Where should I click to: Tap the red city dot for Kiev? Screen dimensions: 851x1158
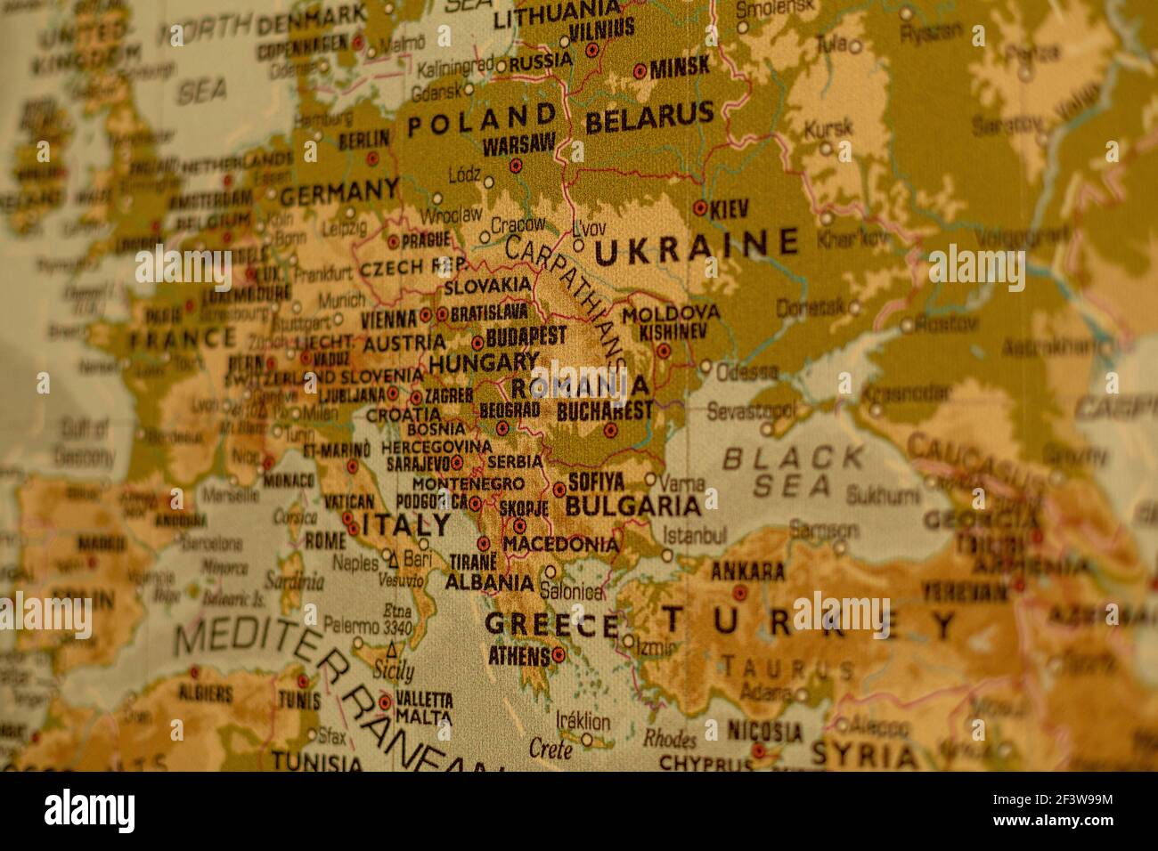point(700,209)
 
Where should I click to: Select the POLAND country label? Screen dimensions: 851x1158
point(482,120)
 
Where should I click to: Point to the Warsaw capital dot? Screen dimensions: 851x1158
point(515,166)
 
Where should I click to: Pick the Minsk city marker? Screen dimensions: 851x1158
point(640,70)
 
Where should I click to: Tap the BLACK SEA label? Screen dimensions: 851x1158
point(792,472)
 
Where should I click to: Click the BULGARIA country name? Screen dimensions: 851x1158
point(633,507)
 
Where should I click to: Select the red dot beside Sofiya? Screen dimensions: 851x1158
point(559,489)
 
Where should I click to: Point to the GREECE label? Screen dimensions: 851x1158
point(551,624)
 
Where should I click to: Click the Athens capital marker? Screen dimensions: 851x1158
point(559,655)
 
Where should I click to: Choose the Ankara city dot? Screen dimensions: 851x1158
point(739,592)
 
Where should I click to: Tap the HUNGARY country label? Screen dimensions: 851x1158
point(484,363)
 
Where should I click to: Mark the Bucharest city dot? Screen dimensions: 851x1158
point(610,430)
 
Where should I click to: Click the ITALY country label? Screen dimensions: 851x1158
point(406,524)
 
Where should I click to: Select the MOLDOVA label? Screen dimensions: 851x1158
point(671,313)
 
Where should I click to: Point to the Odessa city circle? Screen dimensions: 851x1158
point(705,366)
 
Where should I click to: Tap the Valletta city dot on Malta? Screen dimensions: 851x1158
point(385,701)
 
